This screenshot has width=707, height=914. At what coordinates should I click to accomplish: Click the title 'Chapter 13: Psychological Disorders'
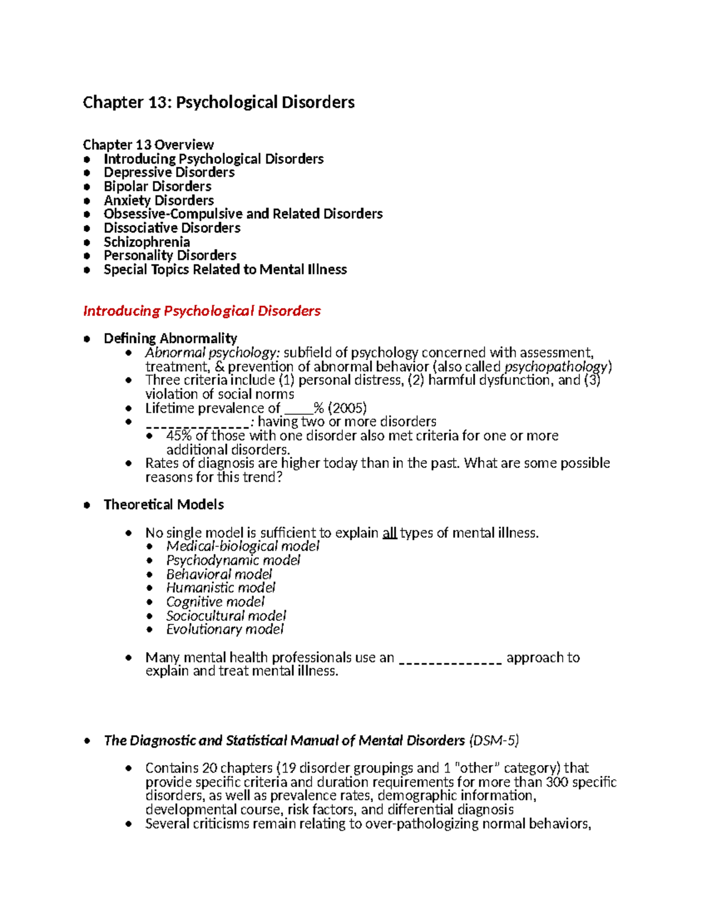219,102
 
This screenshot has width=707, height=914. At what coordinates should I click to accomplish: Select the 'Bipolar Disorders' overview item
157,187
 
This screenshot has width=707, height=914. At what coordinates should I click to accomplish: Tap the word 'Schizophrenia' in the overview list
147,242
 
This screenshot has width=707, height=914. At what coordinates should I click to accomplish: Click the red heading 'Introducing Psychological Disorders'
201,311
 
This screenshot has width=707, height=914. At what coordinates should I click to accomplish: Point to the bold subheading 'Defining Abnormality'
170,338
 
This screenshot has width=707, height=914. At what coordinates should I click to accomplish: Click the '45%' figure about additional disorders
179,436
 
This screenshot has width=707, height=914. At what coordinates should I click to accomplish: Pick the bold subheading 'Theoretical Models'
164,504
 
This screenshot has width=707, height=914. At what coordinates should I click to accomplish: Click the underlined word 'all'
389,533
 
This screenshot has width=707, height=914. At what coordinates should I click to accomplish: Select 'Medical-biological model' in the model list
243,546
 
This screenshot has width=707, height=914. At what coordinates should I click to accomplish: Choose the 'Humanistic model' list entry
220,588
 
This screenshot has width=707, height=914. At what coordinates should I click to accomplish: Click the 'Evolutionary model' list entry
224,630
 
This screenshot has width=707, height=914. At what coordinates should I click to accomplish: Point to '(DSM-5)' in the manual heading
494,740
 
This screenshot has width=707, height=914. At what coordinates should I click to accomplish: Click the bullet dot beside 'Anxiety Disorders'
87,201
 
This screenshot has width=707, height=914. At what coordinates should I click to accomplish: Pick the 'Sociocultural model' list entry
226,616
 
